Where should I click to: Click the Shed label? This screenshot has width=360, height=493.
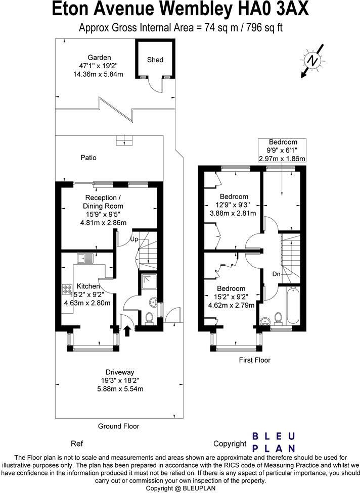155,60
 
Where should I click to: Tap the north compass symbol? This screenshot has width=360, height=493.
312,60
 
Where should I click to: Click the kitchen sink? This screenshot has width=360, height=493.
85,258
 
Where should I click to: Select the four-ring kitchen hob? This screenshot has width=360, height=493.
67,289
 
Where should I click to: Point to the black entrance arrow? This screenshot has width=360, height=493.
127,331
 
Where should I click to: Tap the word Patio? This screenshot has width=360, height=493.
88,158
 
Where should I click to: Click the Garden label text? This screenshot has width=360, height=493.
99,57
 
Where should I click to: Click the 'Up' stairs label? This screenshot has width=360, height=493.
134,239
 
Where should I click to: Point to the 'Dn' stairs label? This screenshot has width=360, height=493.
276,274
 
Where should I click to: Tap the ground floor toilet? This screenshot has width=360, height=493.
149,318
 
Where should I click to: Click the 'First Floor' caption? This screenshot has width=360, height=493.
255,360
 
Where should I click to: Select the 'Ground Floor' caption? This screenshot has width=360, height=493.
119,426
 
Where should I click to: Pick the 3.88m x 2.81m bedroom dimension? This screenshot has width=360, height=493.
233,213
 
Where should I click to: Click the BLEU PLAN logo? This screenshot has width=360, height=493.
274,442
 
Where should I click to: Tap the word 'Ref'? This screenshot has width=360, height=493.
77,443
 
